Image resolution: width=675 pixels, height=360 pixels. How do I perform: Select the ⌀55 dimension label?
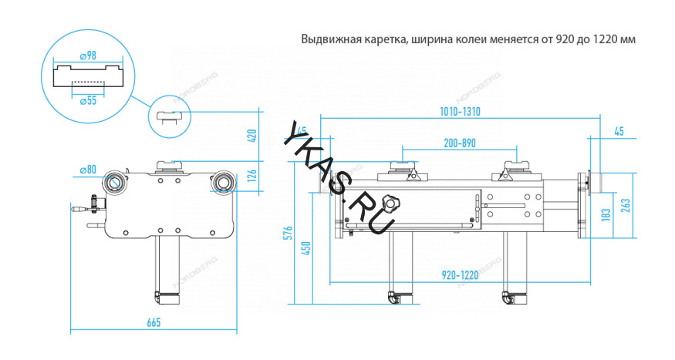click(x=86, y=99)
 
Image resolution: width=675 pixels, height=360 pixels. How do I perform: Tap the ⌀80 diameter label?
click(x=87, y=170)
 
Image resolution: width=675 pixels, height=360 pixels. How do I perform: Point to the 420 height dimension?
click(x=250, y=136)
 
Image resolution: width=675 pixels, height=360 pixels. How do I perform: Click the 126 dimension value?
click(x=250, y=177)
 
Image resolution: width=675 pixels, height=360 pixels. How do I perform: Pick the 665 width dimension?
click(x=153, y=322)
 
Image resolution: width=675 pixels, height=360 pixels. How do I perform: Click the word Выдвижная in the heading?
click(x=326, y=39)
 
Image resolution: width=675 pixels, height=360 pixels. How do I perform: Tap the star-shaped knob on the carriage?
click(x=394, y=204)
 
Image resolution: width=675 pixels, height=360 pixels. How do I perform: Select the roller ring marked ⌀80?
click(x=114, y=182)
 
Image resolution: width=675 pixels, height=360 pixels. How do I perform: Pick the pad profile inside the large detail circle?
click(x=86, y=77)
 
